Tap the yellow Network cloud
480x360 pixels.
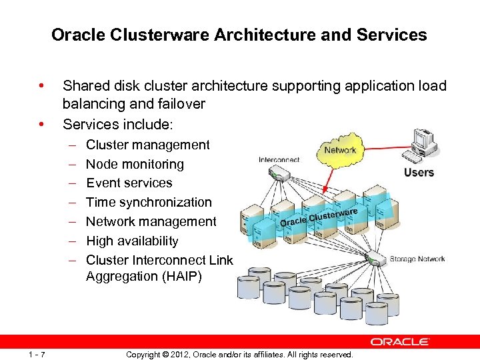pos(340,150)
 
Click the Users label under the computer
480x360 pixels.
pos(419,173)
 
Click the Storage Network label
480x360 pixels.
pos(417,259)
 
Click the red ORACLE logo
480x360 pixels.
pos(400,342)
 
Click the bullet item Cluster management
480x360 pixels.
pos(147,145)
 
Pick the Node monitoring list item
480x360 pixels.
pos(135,164)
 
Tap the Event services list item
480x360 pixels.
pos(129,183)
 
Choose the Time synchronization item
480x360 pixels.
pos(149,202)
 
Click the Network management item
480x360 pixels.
pos(151,221)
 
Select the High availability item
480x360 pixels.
pos(132,241)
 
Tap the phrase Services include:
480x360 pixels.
pos(117,124)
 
